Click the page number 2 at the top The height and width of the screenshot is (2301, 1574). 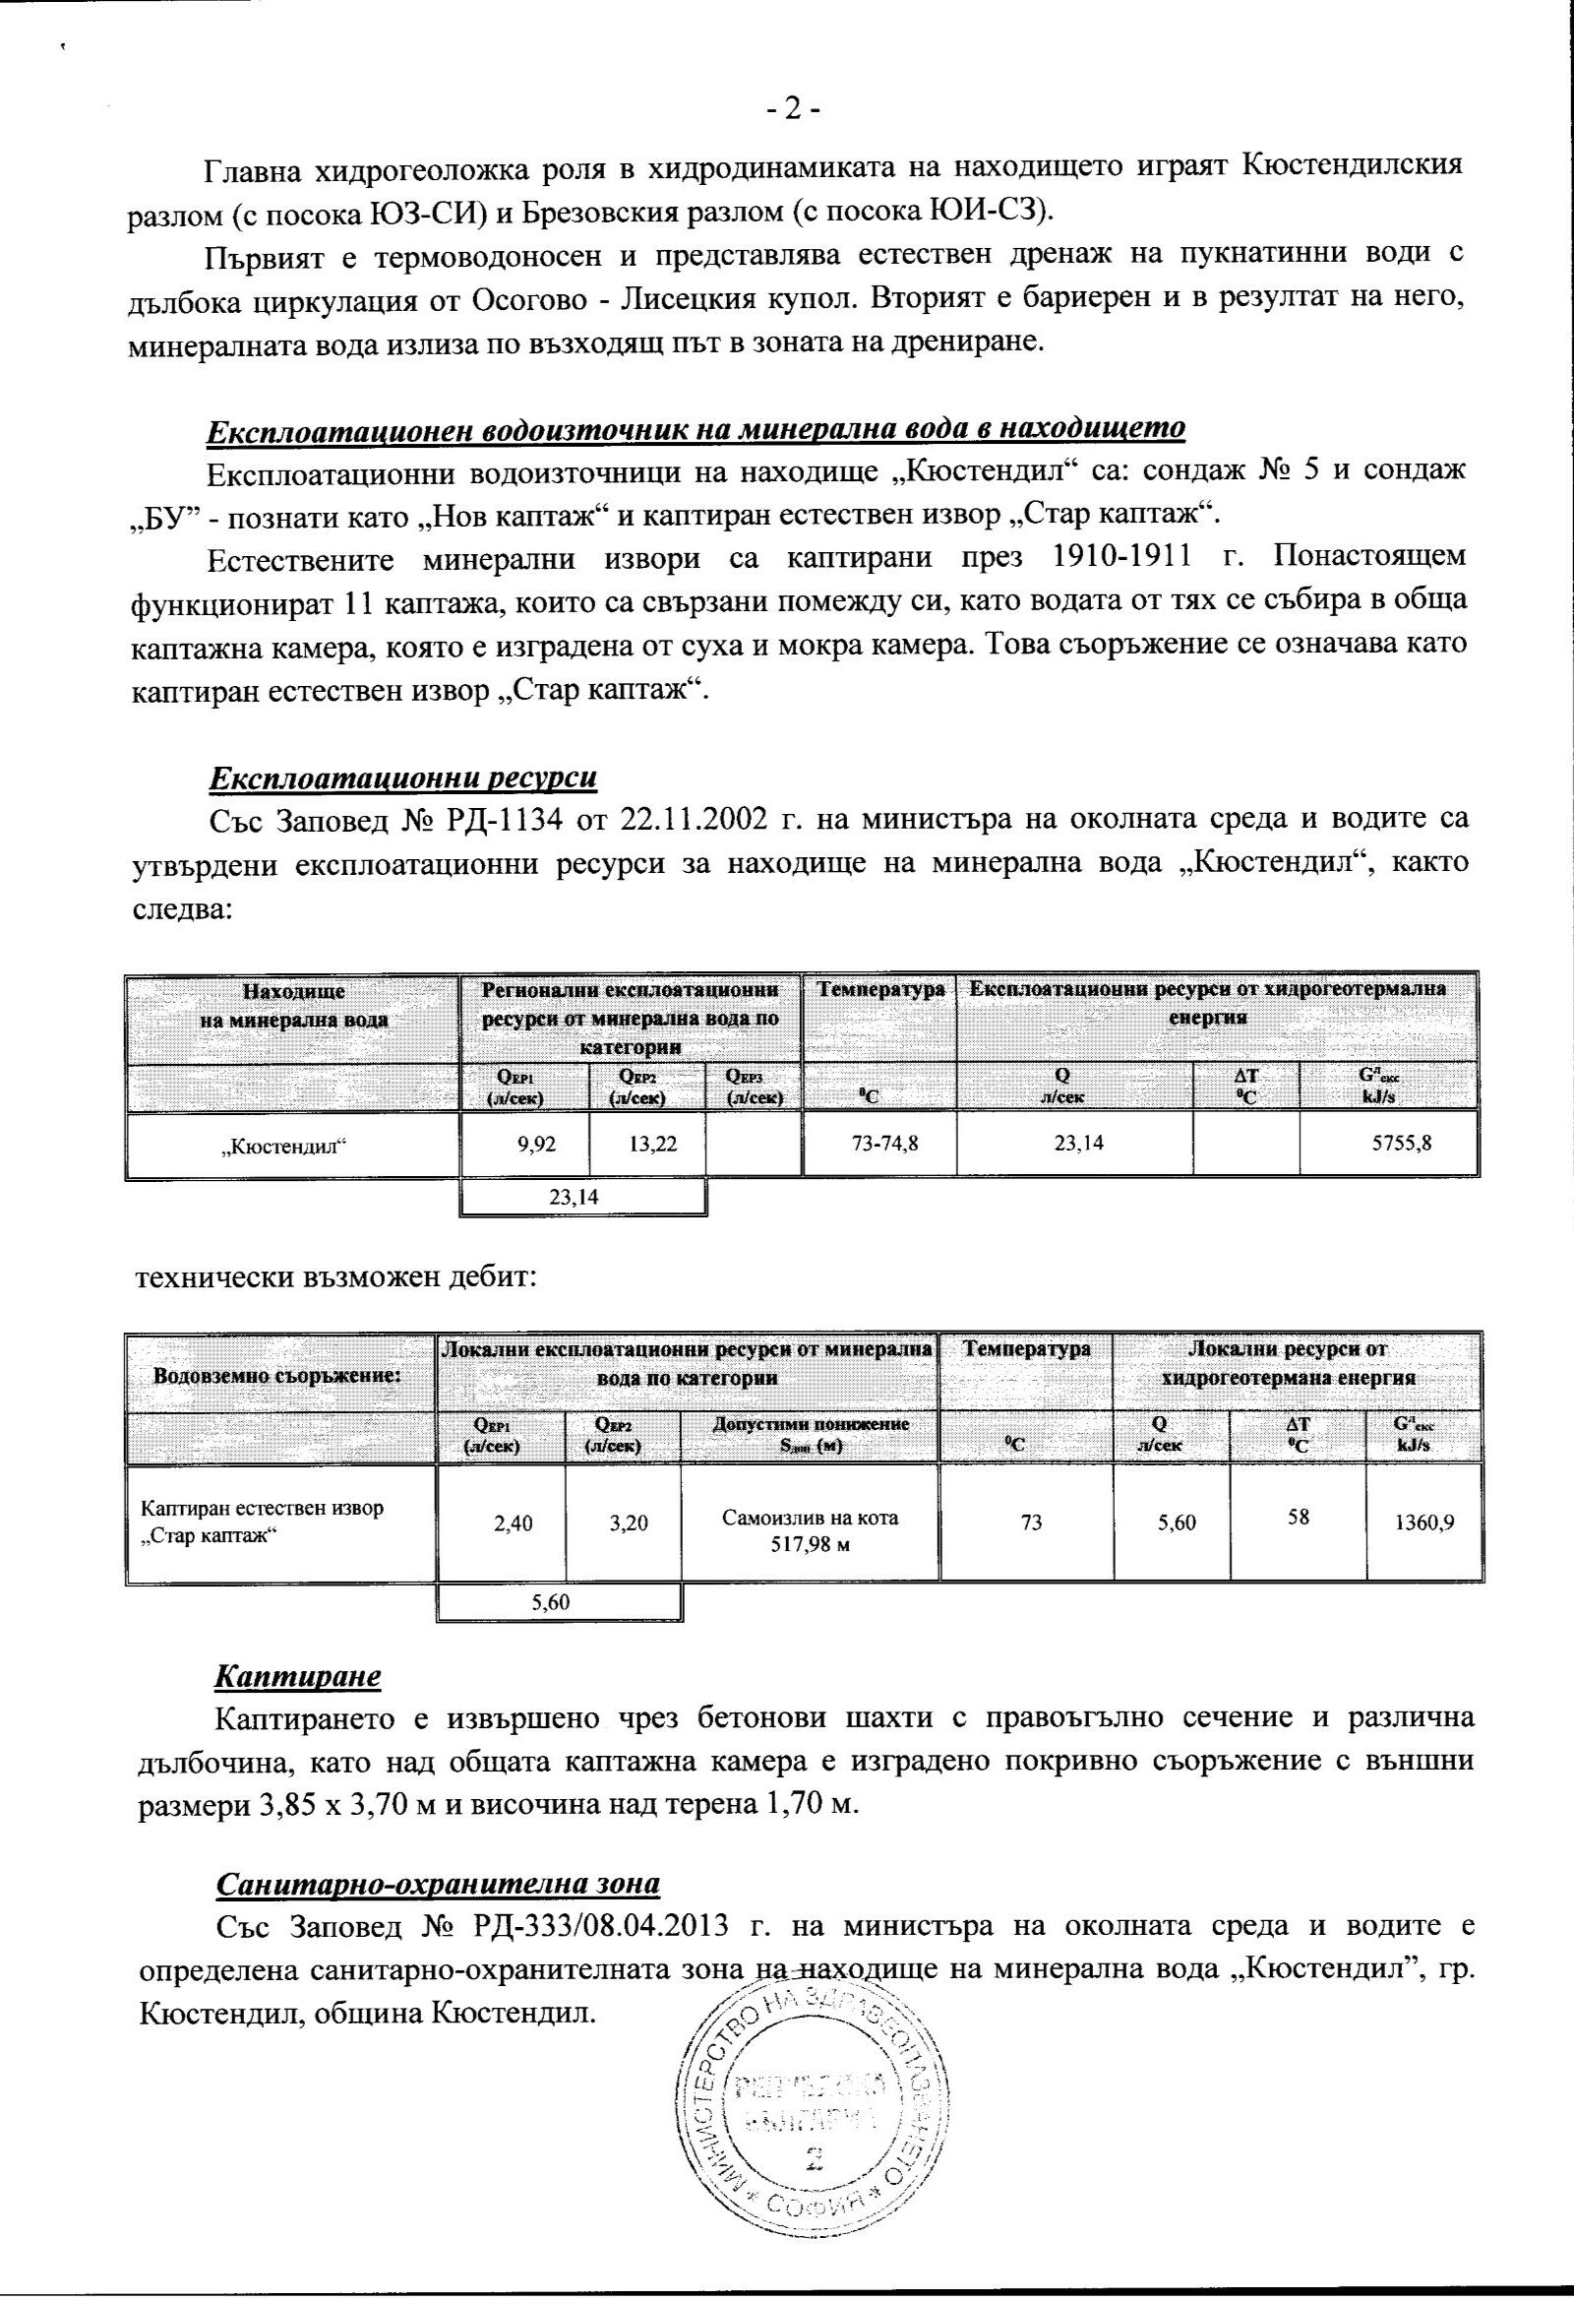[x=793, y=108]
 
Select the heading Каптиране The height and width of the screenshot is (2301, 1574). [x=298, y=1676]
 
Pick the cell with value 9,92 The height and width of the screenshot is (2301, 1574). [x=536, y=1144]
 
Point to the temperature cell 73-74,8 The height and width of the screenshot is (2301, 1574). [x=884, y=1144]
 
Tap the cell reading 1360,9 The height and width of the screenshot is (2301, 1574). [x=1423, y=1523]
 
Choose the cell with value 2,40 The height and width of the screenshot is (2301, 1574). [x=513, y=1523]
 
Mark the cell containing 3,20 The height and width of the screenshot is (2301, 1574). [x=628, y=1523]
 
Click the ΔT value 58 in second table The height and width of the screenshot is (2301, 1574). [x=1298, y=1516]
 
